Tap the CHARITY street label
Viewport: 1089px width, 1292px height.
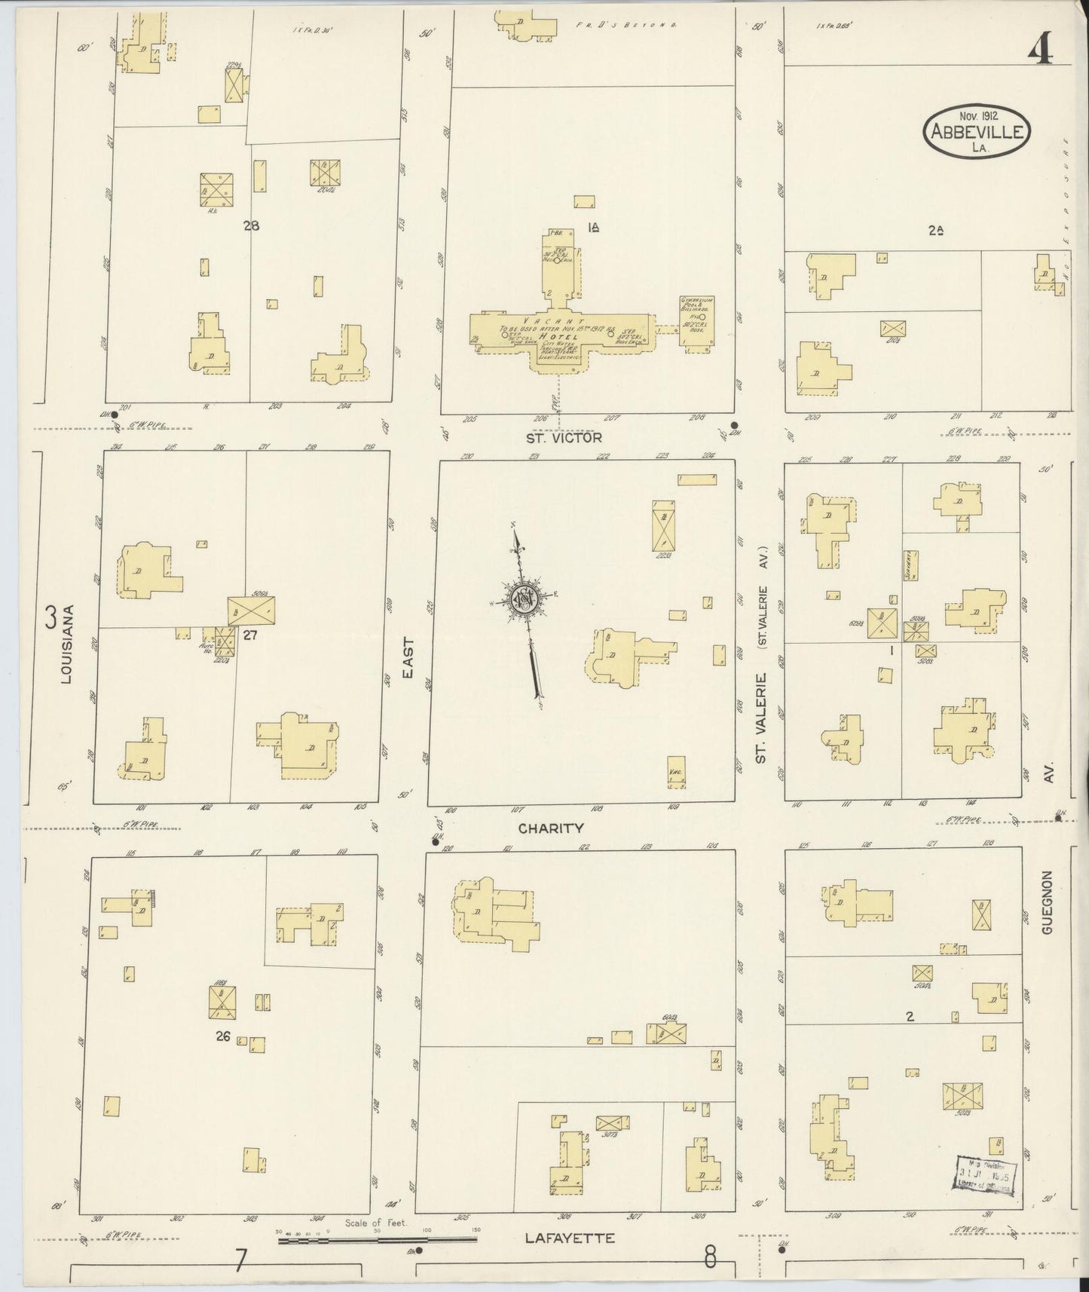click(x=551, y=828)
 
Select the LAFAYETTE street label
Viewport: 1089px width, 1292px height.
click(x=570, y=1238)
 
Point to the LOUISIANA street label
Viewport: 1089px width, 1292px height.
click(x=66, y=654)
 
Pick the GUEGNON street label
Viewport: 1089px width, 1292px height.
click(x=1046, y=902)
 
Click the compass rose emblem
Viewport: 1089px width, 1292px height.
click(x=523, y=599)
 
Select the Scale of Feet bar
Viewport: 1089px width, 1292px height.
click(x=377, y=1239)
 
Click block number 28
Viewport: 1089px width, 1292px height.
click(x=251, y=225)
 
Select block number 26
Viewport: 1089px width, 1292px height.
click(x=222, y=1036)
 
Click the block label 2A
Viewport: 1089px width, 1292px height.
click(x=936, y=232)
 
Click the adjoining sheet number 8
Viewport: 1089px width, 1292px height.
click(x=709, y=1257)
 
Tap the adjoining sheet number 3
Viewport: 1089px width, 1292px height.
click(x=50, y=617)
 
